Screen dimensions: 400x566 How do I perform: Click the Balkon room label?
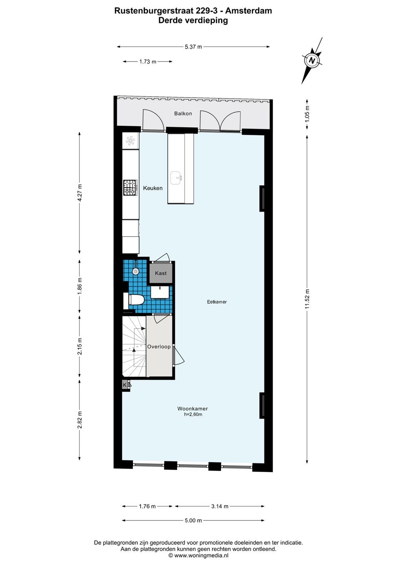tap(183, 114)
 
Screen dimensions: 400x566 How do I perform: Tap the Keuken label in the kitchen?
tap(153, 188)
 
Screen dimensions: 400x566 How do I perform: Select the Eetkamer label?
tap(217, 302)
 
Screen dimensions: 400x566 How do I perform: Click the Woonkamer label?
tap(193, 409)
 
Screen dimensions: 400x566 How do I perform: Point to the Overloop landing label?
tap(159, 347)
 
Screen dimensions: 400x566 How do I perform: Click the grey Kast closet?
tap(161, 273)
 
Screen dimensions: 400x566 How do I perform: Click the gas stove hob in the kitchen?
tap(130, 187)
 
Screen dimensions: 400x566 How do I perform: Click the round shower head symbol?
tap(136, 271)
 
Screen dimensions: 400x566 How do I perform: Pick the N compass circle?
tap(312, 61)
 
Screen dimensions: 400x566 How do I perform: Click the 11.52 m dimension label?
tap(307, 299)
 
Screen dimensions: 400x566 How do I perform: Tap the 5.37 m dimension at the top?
tap(193, 47)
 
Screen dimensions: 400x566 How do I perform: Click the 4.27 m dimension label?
tap(80, 193)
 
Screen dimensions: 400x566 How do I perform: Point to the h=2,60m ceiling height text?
tap(193, 414)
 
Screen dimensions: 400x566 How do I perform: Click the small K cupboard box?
tap(125, 385)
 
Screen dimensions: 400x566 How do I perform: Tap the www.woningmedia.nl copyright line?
tap(198, 555)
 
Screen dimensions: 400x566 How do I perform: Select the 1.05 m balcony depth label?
tap(307, 114)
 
